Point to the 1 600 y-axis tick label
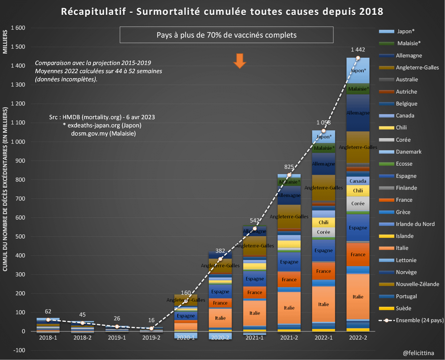pyautogui.click(x=18, y=28)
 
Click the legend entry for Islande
pyautogui.click(x=404, y=236)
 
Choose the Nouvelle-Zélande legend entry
pyautogui.click(x=412, y=284)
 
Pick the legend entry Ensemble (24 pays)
pyautogui.click(x=412, y=321)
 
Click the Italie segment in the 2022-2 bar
pyautogui.click(x=358, y=297)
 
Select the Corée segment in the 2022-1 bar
pyautogui.click(x=323, y=232)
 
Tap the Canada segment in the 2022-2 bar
pyautogui.click(x=358, y=181)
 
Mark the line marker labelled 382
pyautogui.click(x=220, y=259)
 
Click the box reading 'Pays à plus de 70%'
pyautogui.click(x=227, y=35)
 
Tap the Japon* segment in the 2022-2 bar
pyautogui.click(x=358, y=70)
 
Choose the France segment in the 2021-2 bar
pyautogui.click(x=289, y=280)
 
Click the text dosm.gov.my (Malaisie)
pyautogui.click(x=103, y=133)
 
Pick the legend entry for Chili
pyautogui.click(x=401, y=128)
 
